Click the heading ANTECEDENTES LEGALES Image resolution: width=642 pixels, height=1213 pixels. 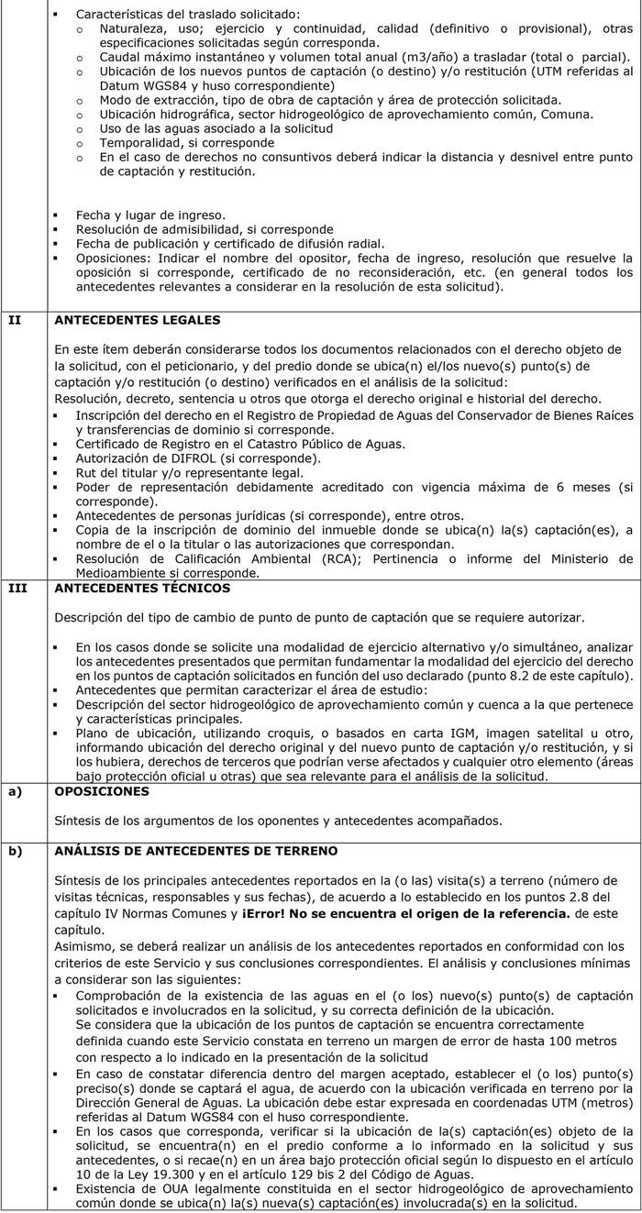tap(138, 320)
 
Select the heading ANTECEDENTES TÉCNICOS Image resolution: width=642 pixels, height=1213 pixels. tap(142, 588)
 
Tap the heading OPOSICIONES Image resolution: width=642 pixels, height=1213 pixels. tap(100, 790)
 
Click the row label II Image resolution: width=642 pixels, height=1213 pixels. tap(15, 320)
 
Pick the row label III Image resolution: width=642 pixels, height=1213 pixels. tap(17, 588)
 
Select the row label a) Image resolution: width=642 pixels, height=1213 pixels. tap(15, 790)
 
